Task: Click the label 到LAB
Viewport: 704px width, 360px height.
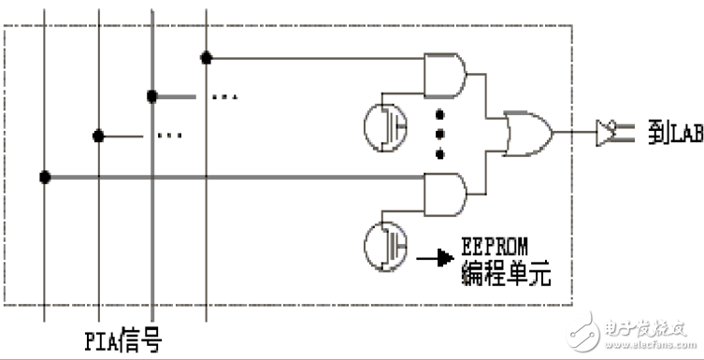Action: pyautogui.click(x=668, y=133)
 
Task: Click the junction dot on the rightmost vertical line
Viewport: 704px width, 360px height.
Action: pyautogui.click(x=206, y=58)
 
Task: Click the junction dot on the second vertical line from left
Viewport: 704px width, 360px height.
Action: pyautogui.click(x=98, y=136)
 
